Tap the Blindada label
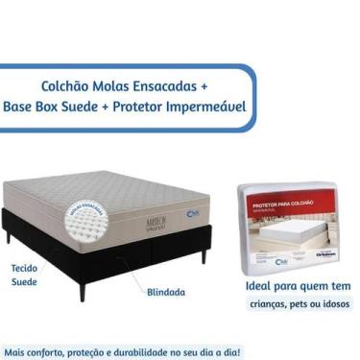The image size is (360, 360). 167,291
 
